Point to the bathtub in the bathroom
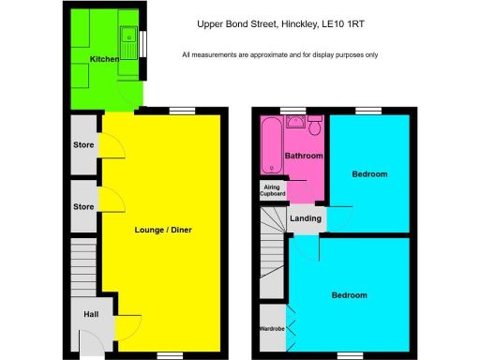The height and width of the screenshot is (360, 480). point(273,150)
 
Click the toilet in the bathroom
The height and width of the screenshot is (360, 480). point(316,127)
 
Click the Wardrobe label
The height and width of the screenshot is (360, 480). point(272,329)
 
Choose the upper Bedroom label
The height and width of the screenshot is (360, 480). point(369,174)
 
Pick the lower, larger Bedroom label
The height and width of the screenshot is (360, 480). point(349,295)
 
